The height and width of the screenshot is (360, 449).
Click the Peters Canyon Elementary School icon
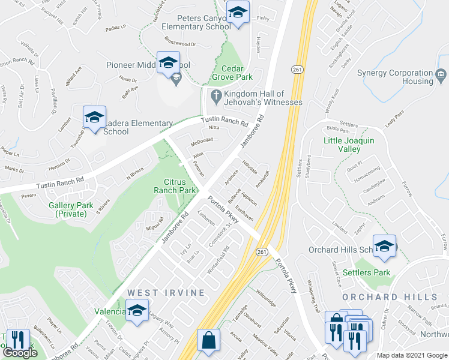(238, 14)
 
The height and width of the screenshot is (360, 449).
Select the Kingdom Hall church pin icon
(217, 95)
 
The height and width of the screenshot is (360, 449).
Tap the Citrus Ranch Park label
(180, 185)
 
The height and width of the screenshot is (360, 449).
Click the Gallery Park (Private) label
(74, 209)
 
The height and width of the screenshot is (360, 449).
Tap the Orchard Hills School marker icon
(384, 245)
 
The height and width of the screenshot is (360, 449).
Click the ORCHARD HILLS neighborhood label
(390, 297)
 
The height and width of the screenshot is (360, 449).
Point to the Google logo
(20, 353)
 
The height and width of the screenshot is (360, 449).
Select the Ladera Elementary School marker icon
(94, 118)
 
